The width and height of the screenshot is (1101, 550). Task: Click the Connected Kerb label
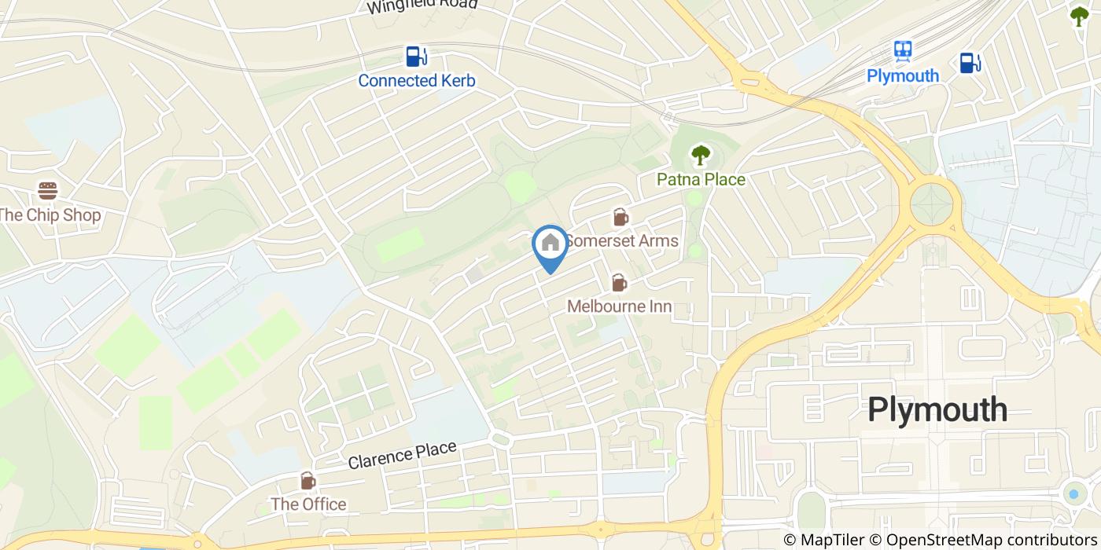(x=416, y=80)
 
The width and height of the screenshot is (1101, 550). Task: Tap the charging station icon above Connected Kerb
(x=416, y=57)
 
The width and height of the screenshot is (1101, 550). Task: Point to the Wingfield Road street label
(x=422, y=5)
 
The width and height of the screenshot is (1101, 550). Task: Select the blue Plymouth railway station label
(x=903, y=75)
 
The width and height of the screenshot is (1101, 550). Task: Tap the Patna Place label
(x=701, y=179)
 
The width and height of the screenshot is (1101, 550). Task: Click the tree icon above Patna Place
(x=699, y=156)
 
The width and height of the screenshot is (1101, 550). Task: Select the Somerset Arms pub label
(x=621, y=240)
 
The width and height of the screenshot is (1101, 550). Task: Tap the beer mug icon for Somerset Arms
(x=620, y=218)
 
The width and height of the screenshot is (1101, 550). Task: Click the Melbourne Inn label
(x=620, y=306)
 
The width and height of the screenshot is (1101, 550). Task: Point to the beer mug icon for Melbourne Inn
(x=619, y=283)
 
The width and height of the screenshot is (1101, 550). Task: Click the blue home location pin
(x=550, y=246)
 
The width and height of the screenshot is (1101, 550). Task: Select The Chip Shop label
(x=50, y=214)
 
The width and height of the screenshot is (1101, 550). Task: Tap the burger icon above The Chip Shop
(x=48, y=191)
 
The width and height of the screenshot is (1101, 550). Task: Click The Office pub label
(x=308, y=504)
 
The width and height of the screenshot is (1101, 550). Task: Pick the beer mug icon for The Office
(x=307, y=481)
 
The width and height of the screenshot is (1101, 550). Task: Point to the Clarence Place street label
(x=402, y=455)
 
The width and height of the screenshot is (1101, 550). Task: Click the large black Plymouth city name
(x=937, y=409)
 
